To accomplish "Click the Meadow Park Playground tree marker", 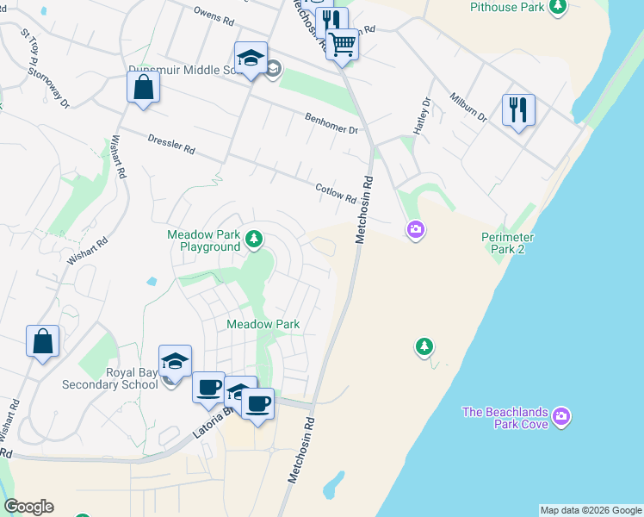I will (254, 239).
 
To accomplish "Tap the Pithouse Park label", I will (507, 8).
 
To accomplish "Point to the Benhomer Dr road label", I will (331, 123).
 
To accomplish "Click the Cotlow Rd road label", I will (336, 193).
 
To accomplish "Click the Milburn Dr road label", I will (469, 106).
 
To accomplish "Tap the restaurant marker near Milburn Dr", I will (517, 109).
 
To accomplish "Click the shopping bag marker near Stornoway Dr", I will (143, 86).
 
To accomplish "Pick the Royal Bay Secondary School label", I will (108, 378).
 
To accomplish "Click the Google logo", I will (28, 507).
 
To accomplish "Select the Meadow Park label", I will (263, 324).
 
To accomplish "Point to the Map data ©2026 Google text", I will (591, 510).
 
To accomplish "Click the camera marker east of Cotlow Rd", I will (416, 229).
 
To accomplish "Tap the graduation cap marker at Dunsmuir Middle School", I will (251, 58).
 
